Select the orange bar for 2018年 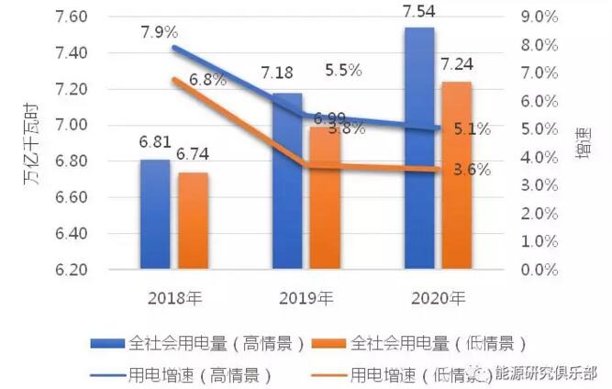pos(193,221)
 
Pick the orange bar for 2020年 pos(456,176)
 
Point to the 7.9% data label pos(159,32)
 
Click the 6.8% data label pos(207,80)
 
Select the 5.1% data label pos(472,129)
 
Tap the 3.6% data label pos(472,169)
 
